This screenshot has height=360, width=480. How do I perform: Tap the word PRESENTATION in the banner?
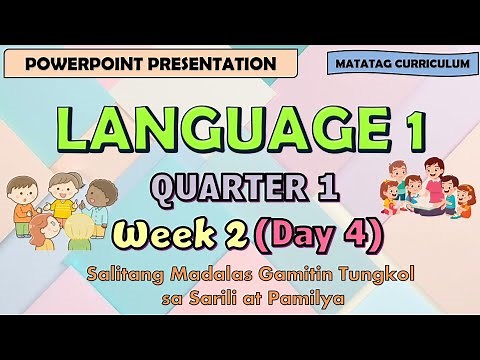pyautogui.click(x=209, y=64)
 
